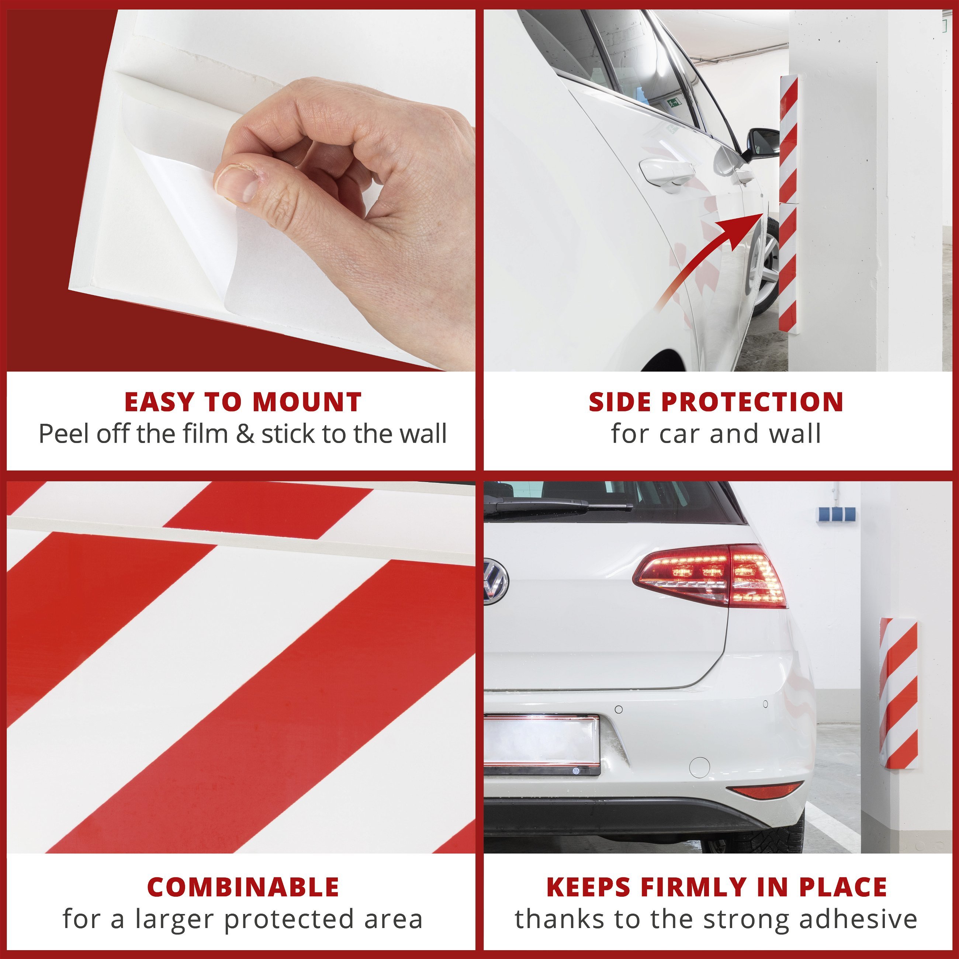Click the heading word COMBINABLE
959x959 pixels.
pyautogui.click(x=243, y=887)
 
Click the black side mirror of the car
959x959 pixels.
pyautogui.click(x=762, y=144)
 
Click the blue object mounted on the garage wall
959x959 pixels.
pyautogui.click(x=837, y=514)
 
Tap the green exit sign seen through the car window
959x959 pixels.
pyautogui.click(x=674, y=103)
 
